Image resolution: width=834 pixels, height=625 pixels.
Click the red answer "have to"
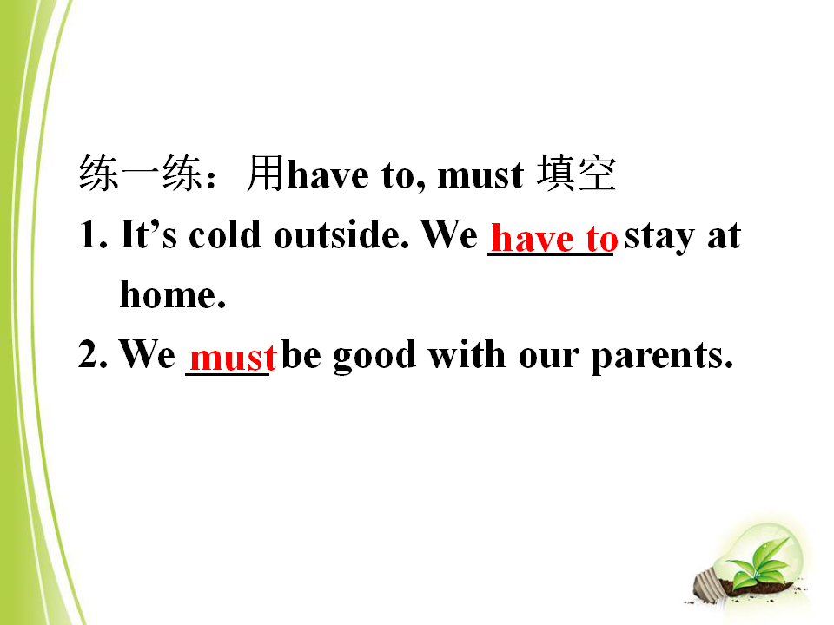tap(554, 238)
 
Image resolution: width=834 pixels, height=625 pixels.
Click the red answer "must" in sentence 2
tap(233, 357)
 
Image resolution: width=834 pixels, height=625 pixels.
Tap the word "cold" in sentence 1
tap(224, 234)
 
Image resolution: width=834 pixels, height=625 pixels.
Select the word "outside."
tap(341, 234)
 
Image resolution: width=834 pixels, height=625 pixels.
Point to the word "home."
tap(173, 294)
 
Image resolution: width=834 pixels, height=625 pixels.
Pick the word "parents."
tap(662, 357)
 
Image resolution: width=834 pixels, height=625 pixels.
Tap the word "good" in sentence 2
tap(374, 357)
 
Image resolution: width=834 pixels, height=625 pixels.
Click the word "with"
tap(467, 353)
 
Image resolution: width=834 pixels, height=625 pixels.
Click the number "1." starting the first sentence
tap(93, 234)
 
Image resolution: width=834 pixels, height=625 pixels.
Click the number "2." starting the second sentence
tap(93, 353)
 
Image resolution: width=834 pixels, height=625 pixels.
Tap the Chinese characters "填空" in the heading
tap(576, 173)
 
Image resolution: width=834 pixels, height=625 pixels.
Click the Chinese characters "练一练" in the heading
tap(141, 173)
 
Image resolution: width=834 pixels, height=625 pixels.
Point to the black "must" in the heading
tap(480, 176)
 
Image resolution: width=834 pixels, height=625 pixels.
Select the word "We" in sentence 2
tap(148, 353)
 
